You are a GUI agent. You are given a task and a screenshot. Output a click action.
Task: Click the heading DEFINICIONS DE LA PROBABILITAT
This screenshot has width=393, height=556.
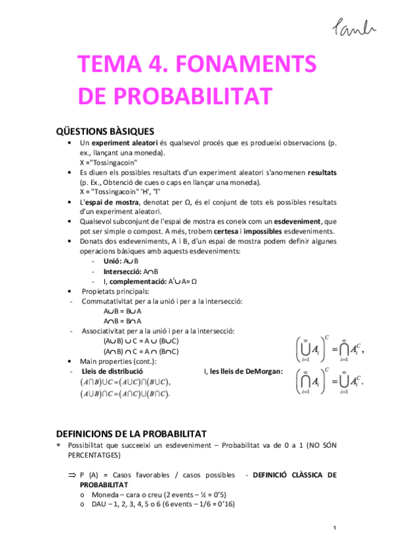[x=131, y=434]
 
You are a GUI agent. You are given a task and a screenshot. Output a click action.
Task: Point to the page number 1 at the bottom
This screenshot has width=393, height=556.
[x=335, y=528]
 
